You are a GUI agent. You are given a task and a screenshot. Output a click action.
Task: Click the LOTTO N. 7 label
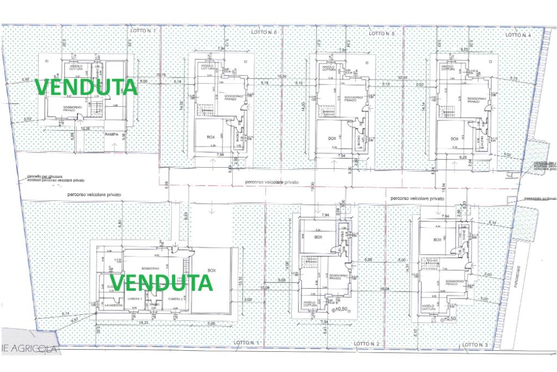(143, 31)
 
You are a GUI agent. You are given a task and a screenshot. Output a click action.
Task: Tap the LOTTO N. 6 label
(265, 33)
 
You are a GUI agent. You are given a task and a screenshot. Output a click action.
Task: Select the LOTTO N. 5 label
(382, 33)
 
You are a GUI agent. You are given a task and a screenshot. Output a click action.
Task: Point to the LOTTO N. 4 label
(518, 34)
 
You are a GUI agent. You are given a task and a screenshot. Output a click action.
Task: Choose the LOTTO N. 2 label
(366, 344)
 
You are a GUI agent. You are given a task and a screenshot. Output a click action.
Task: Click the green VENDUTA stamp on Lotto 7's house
(85, 87)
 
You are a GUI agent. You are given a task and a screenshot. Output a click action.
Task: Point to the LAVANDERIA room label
(115, 306)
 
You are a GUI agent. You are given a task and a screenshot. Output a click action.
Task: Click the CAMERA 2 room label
(175, 299)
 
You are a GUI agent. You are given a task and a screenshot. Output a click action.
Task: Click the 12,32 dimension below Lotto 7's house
(84, 129)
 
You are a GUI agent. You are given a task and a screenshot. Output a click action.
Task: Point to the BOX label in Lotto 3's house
(437, 240)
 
